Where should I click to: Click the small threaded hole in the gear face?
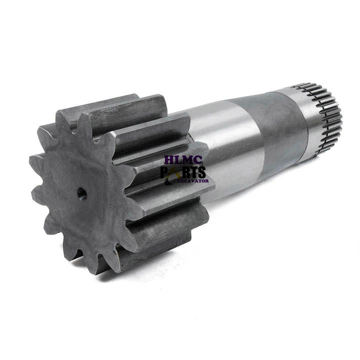[x=81, y=193]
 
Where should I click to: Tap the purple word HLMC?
[x=183, y=160]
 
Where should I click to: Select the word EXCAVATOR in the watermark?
[x=193, y=181]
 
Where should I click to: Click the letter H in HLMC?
[x=169, y=160]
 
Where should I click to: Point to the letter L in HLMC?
[x=178, y=160]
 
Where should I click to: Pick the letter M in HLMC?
[x=188, y=160]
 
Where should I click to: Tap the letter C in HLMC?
[x=198, y=160]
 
